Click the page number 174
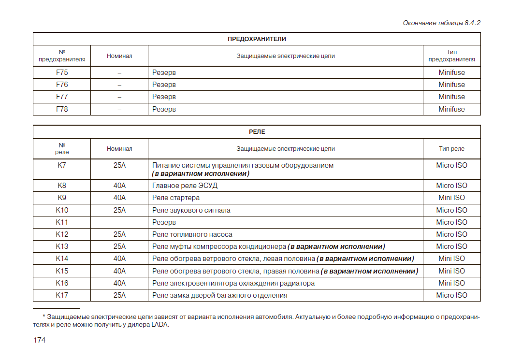click(x=40, y=340)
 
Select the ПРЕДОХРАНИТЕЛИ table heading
click(x=257, y=39)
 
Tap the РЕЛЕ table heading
click(x=257, y=132)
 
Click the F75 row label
click(x=62, y=72)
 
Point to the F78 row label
click(x=62, y=109)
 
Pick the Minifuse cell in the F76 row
click(x=451, y=85)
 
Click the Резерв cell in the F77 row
click(x=164, y=97)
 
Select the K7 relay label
click(x=62, y=165)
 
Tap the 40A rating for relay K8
click(x=119, y=186)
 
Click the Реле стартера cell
click(x=176, y=198)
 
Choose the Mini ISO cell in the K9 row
click(x=451, y=198)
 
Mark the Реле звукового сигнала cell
click(x=191, y=210)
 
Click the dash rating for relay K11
click(x=119, y=222)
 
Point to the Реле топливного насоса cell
click(x=192, y=234)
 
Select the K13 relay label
click(x=62, y=246)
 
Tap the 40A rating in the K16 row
click(x=119, y=283)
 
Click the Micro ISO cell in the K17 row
click(x=451, y=295)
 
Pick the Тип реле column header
click(x=451, y=149)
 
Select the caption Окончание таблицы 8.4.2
click(x=441, y=23)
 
